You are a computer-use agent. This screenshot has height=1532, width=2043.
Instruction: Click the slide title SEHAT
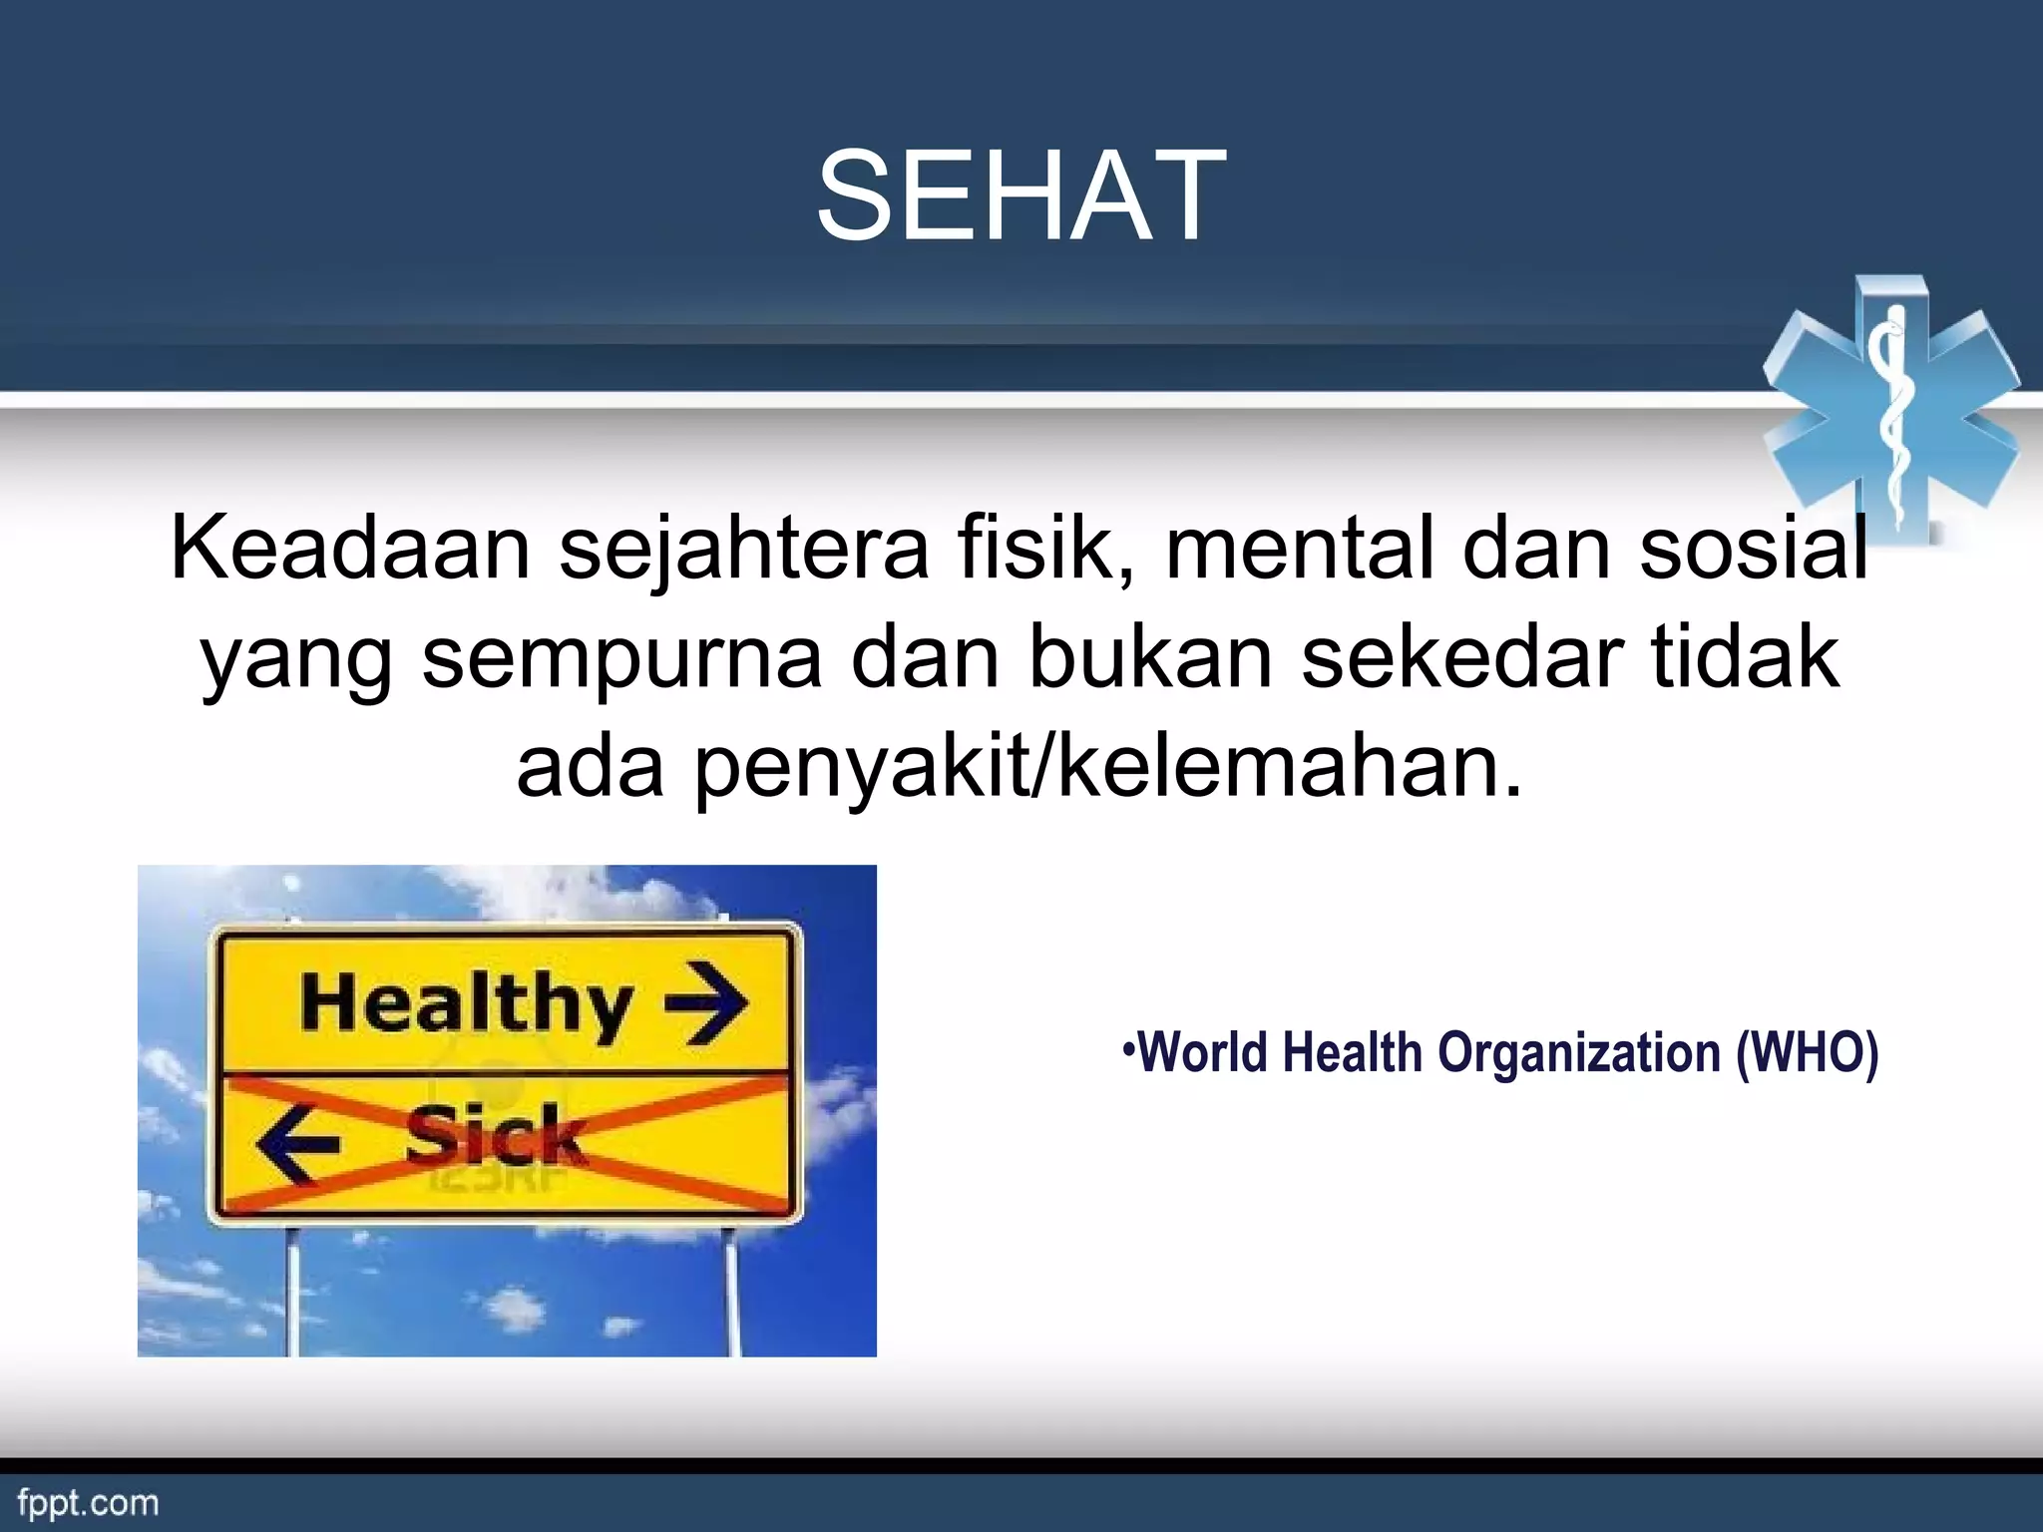pyautogui.click(x=1021, y=195)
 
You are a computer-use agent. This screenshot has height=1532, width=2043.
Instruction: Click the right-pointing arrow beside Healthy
pyautogui.click(x=707, y=1001)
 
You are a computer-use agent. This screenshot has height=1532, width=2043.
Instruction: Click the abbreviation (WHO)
pyautogui.click(x=1807, y=1053)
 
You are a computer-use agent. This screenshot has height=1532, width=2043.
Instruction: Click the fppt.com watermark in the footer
pyautogui.click(x=88, y=1503)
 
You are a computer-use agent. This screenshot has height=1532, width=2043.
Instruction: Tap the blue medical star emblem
pyautogui.click(x=1891, y=410)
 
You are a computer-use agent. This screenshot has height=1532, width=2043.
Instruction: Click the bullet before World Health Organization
pyautogui.click(x=1128, y=1049)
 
